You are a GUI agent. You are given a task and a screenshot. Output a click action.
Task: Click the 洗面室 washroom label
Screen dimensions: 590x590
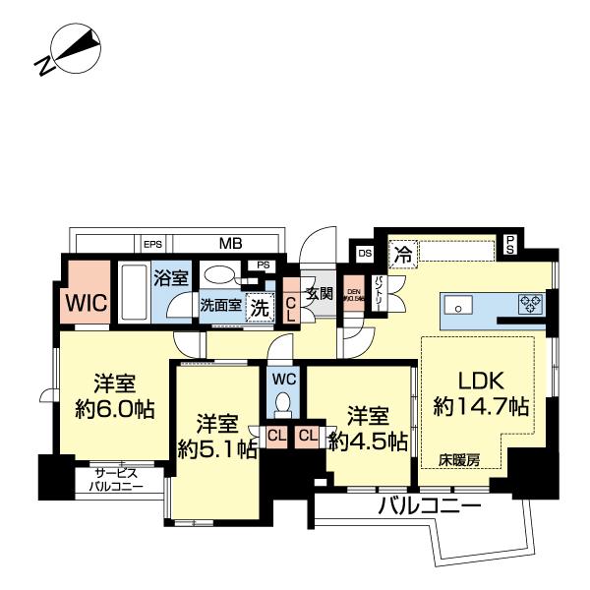pyautogui.click(x=220, y=305)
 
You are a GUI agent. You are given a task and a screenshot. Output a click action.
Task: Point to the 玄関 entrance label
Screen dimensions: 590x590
pyautogui.click(x=320, y=293)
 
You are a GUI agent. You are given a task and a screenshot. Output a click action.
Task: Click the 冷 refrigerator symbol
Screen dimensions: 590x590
pyautogui.click(x=402, y=254)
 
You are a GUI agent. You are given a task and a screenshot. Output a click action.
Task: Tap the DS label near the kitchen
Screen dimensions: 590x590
pyautogui.click(x=365, y=253)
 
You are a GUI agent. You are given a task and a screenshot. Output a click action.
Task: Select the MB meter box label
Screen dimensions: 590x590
pyautogui.click(x=231, y=243)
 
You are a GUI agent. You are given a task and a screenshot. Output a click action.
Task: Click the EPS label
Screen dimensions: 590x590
pyautogui.click(x=152, y=244)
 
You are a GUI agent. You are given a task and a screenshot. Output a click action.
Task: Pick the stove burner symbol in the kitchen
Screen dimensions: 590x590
pyautogui.click(x=531, y=304)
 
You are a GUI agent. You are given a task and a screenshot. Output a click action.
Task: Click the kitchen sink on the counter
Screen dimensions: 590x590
pyautogui.click(x=458, y=306)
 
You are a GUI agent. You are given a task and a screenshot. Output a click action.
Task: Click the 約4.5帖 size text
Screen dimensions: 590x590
pyautogui.click(x=368, y=442)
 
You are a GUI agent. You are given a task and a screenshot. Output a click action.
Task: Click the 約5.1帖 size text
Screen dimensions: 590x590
pyautogui.click(x=217, y=449)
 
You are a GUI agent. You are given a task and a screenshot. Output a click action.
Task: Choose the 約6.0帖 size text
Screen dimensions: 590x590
pyautogui.click(x=115, y=409)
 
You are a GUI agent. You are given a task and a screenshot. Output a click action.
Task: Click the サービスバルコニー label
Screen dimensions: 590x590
pyautogui.click(x=116, y=479)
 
